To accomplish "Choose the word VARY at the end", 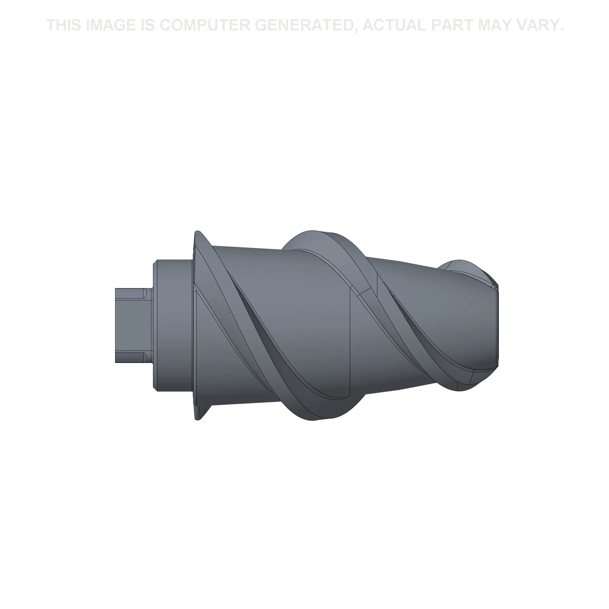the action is (x=540, y=25).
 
